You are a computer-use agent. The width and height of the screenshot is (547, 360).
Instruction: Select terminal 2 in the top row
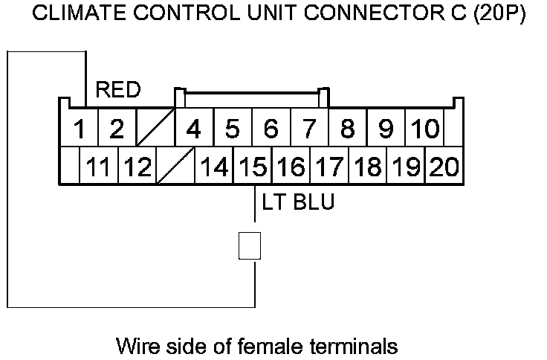116,129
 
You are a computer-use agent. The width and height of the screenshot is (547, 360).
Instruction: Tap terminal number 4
193,129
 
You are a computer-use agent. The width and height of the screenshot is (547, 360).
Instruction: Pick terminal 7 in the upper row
309,129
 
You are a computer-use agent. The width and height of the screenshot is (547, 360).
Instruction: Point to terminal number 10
425,129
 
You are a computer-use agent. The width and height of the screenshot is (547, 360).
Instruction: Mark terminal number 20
444,167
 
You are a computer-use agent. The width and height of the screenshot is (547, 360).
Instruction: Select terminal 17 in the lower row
329,167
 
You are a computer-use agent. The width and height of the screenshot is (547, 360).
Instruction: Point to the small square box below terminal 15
250,245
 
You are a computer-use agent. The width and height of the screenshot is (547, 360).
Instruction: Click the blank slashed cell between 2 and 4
155,129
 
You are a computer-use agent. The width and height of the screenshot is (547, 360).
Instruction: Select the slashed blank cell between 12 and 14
175,167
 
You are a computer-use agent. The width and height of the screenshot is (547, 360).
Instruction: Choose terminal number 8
348,129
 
